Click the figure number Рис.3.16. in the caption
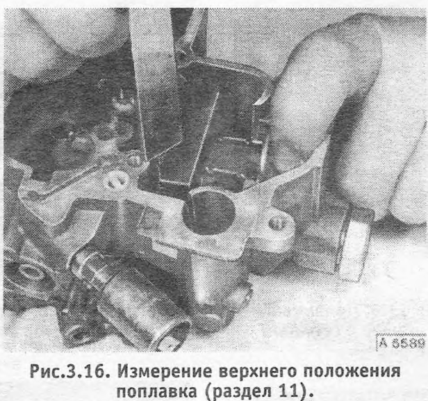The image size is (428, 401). (x=70, y=372)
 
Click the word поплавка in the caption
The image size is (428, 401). (x=157, y=391)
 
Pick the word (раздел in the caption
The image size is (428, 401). (x=238, y=391)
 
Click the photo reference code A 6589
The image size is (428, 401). (x=402, y=342)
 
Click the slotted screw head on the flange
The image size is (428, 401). (x=117, y=180)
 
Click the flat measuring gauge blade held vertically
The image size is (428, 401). (x=156, y=82)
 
